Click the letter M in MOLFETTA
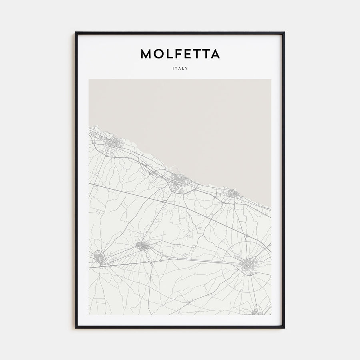pos(146,54)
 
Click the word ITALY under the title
pos(180,68)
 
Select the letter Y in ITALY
pos(187,68)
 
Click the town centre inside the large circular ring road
pos(247,264)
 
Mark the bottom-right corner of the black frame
pos(284,328)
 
